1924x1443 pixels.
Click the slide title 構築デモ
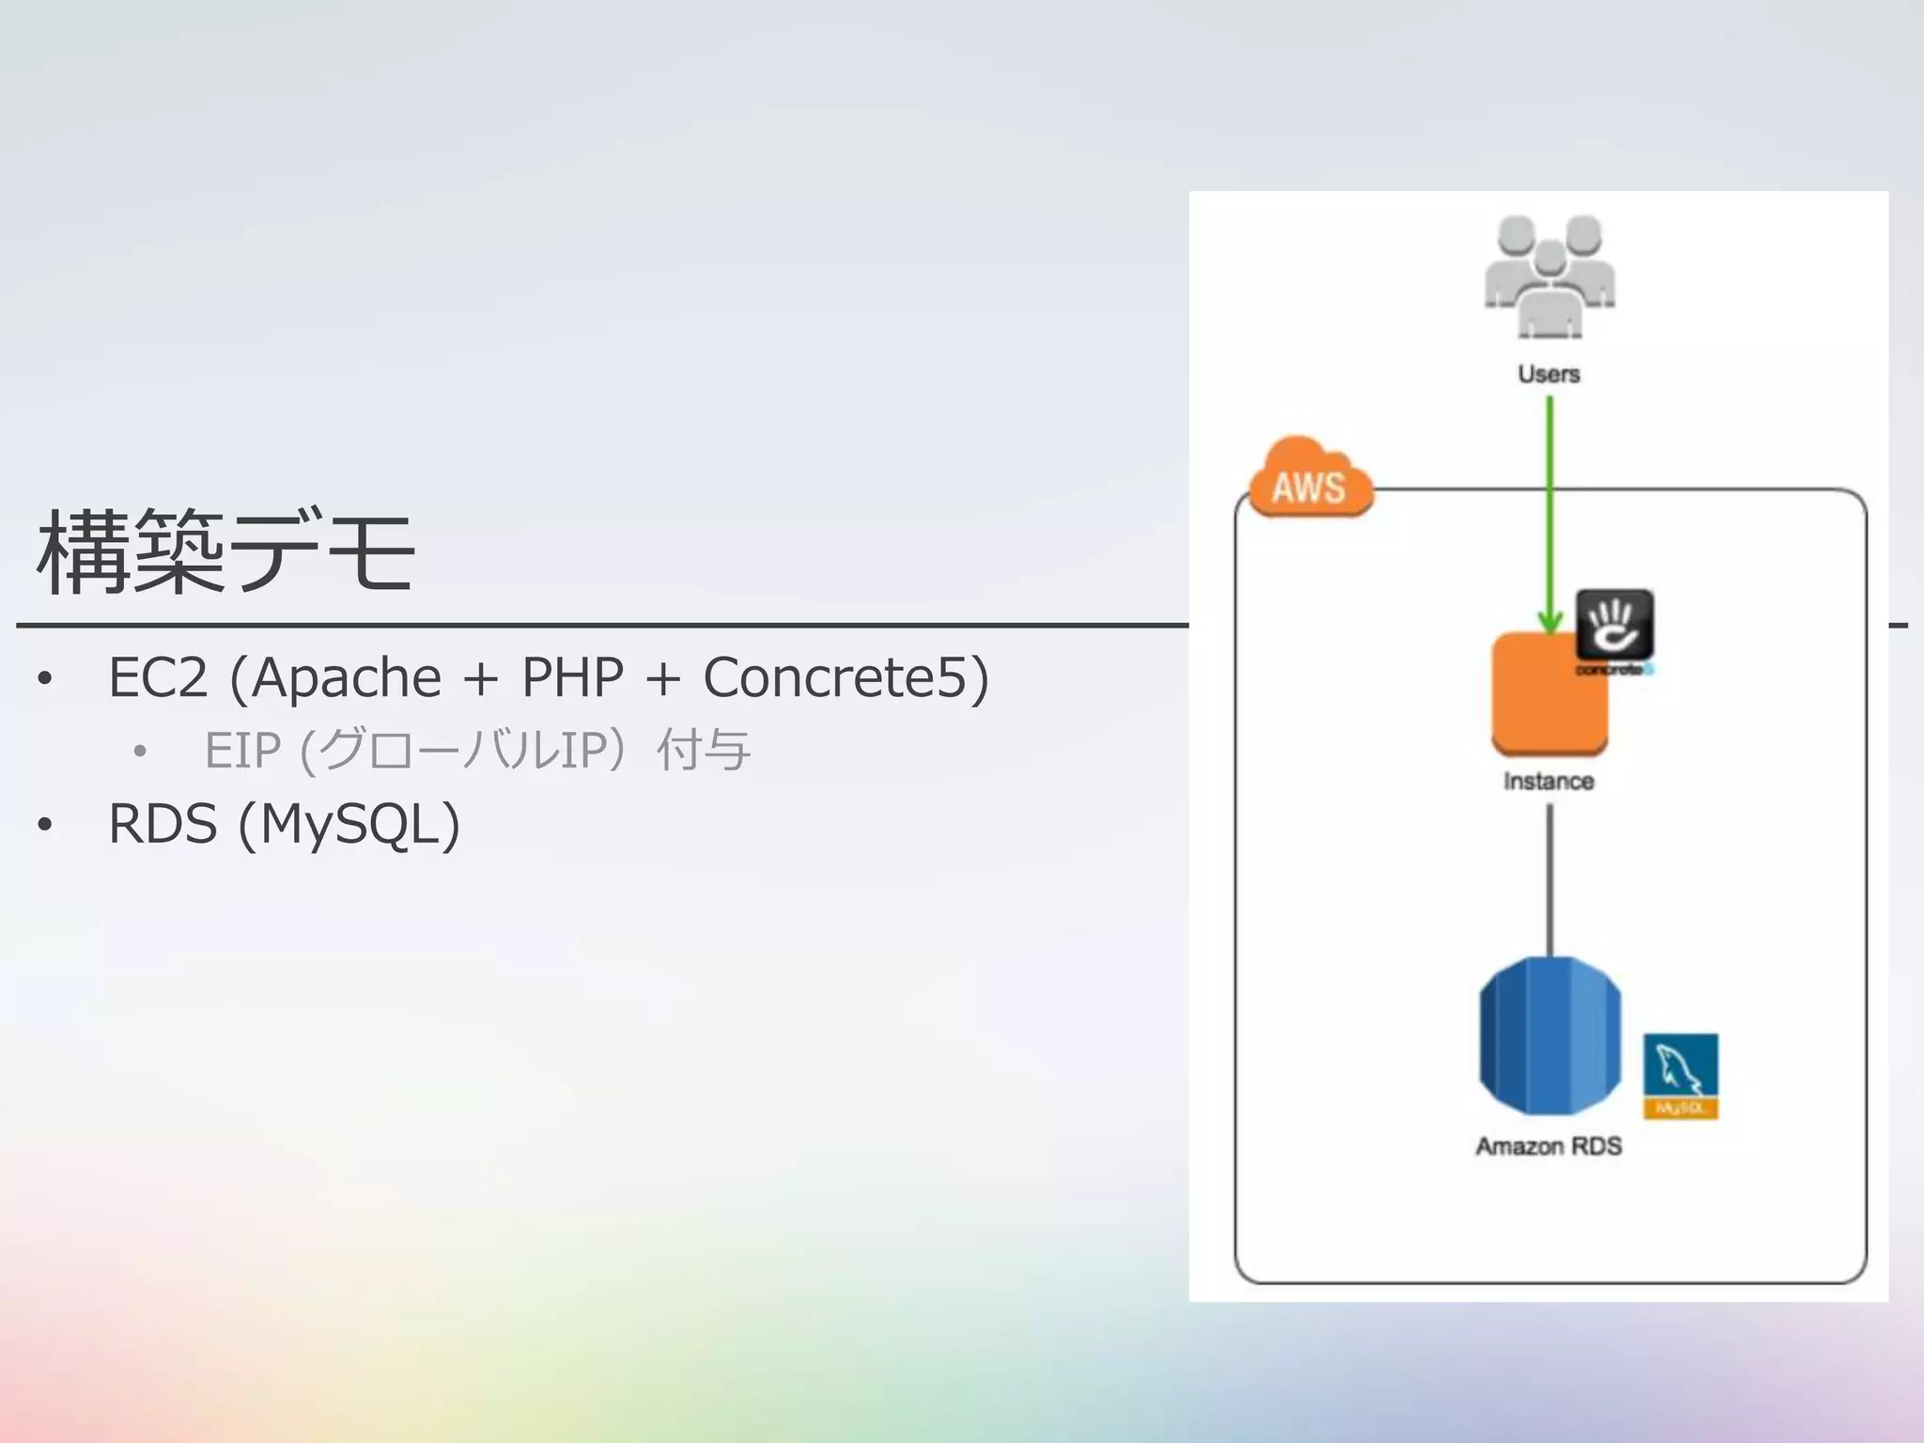point(225,552)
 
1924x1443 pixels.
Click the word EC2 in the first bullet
point(157,677)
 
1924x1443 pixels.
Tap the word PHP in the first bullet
point(572,677)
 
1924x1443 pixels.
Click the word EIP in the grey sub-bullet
point(242,751)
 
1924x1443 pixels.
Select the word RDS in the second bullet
point(163,824)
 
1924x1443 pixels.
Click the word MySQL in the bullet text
point(349,824)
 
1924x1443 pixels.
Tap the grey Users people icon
point(1549,276)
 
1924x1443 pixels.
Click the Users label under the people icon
point(1549,374)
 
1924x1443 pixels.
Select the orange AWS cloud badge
point(1310,481)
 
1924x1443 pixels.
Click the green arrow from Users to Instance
point(1550,507)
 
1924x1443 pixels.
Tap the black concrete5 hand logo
point(1614,625)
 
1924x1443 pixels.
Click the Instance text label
point(1548,782)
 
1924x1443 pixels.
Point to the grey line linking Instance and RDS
point(1550,878)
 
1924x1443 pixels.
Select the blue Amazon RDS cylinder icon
point(1550,1035)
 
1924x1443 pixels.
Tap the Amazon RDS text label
point(1548,1146)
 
